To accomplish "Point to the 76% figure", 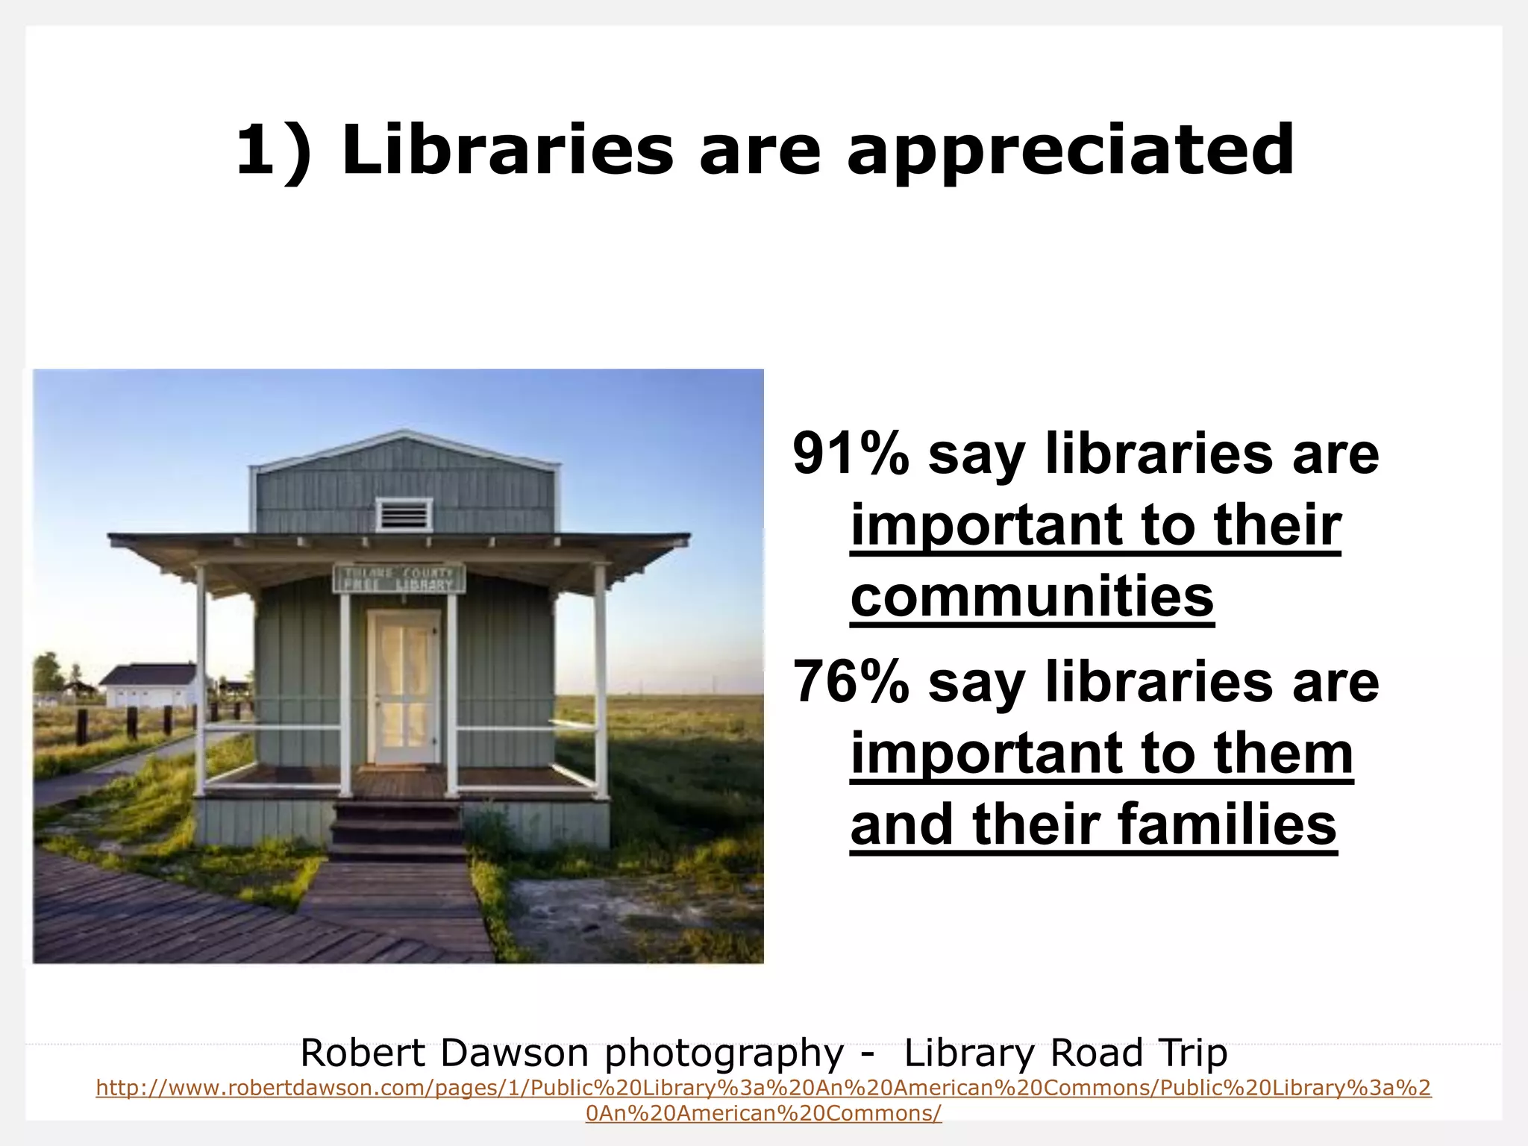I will (851, 681).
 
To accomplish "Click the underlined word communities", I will (1032, 597).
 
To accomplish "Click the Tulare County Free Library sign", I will (399, 578).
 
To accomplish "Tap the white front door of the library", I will (404, 686).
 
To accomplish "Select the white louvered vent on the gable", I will (404, 514).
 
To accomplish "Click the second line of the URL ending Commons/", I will (763, 1113).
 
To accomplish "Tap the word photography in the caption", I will (724, 1053).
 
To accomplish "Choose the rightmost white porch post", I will (600, 671).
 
